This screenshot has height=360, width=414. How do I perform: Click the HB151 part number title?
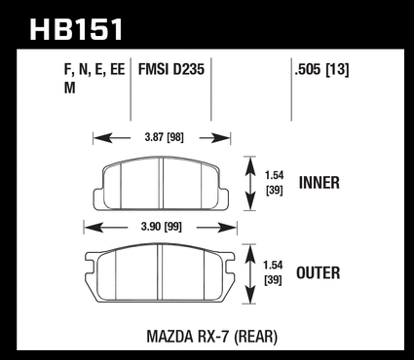pos(76,29)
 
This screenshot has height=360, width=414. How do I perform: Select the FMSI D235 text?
pos(171,69)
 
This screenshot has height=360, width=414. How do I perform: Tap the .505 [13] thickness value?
pos(321,70)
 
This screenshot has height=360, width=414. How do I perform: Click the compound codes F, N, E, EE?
pos(94,70)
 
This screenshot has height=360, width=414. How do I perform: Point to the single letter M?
pos(70,88)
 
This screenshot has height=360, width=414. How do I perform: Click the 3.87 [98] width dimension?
pos(164,137)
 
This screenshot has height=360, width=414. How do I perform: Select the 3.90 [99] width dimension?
pos(162,227)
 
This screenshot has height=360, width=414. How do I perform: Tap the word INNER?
pos(320,183)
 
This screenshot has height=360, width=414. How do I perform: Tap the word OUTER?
pos(319,272)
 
